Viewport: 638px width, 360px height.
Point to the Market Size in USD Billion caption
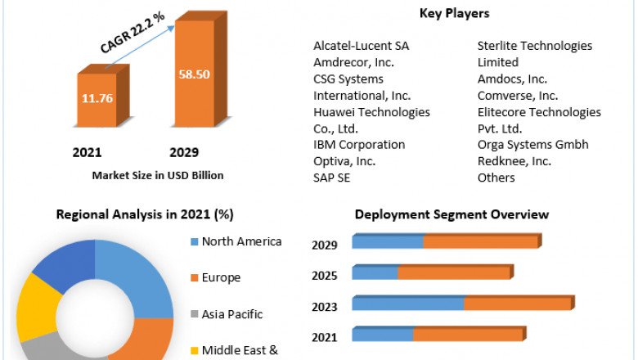click(158, 175)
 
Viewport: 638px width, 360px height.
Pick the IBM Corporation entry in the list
click(359, 145)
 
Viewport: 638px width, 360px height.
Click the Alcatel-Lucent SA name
click(362, 46)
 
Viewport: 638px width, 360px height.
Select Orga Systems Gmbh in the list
click(533, 145)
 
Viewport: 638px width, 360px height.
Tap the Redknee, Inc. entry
click(514, 161)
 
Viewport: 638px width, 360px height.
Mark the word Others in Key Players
click(496, 178)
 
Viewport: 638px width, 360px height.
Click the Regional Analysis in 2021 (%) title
click(145, 215)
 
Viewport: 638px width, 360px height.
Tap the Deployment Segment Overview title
click(452, 215)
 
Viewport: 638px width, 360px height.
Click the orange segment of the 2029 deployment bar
click(480, 242)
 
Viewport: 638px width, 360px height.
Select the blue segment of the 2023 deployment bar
click(408, 304)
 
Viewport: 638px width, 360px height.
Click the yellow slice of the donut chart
click(31, 306)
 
